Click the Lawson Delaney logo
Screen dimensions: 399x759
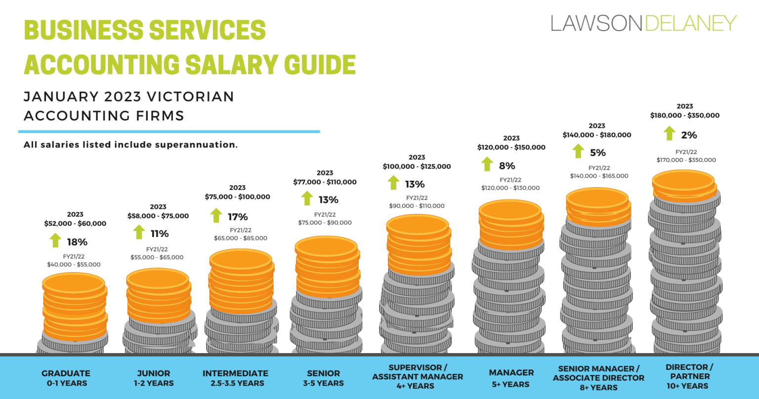pyautogui.click(x=643, y=23)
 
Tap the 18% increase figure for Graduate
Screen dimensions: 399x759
pyautogui.click(x=77, y=242)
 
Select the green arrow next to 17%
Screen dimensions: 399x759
pyautogui.click(x=216, y=216)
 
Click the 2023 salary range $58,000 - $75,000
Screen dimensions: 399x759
pyautogui.click(x=158, y=216)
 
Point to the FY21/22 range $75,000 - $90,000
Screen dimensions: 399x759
pyautogui.click(x=325, y=223)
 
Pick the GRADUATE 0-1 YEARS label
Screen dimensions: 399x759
pyautogui.click(x=66, y=378)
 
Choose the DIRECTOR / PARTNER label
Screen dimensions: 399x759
pyautogui.click(x=687, y=376)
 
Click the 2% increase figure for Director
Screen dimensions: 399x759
pyautogui.click(x=689, y=135)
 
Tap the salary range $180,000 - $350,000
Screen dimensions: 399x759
pyautogui.click(x=684, y=116)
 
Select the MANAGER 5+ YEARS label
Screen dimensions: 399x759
pyautogui.click(x=511, y=378)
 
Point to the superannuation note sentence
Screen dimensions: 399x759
pyautogui.click(x=130, y=145)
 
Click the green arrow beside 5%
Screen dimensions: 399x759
pyautogui.click(x=578, y=152)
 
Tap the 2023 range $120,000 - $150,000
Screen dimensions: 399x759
pyautogui.click(x=511, y=147)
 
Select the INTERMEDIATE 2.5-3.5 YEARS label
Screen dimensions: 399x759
pyautogui.click(x=235, y=378)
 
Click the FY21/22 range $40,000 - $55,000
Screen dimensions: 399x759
pyautogui.click(x=74, y=265)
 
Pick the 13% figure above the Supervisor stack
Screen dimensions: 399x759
pyautogui.click(x=415, y=184)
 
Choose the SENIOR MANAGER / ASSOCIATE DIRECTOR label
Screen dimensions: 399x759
pyautogui.click(x=598, y=378)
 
